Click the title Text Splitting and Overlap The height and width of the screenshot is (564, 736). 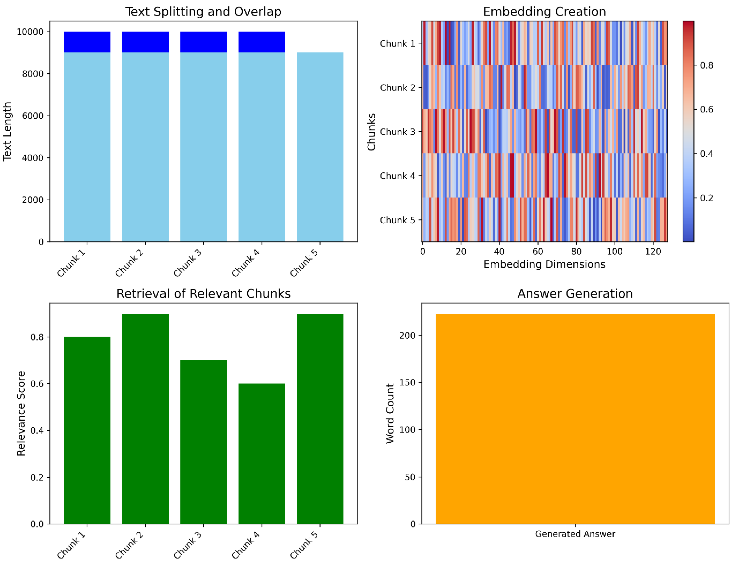pos(203,12)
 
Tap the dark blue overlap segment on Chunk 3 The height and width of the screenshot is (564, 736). pos(203,42)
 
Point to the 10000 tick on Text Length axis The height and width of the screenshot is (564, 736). pos(30,32)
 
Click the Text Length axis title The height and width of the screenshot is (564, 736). pos(7,131)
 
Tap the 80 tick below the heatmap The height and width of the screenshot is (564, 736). pos(576,251)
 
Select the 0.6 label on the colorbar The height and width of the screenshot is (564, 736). pos(706,110)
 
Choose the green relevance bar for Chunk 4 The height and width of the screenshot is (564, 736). pos(261,453)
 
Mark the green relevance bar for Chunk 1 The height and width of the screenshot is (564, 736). pos(87,430)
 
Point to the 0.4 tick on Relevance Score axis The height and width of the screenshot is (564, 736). pos(37,430)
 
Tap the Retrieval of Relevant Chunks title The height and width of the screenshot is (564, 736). pos(203,294)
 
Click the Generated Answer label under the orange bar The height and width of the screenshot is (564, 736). pos(575,534)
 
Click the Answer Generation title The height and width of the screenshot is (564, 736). pos(575,294)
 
